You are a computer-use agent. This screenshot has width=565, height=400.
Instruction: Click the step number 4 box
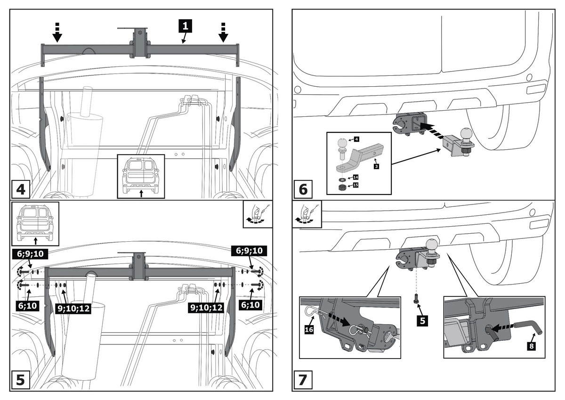click(x=21, y=190)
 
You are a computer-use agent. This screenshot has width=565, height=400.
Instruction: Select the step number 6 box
click(x=303, y=190)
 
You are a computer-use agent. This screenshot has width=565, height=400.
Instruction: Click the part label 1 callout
click(x=186, y=25)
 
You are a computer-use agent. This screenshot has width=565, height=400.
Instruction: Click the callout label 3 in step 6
click(x=376, y=165)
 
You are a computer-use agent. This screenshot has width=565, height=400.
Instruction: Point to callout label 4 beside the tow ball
click(x=356, y=139)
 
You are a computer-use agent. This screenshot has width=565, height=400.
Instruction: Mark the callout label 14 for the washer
click(x=355, y=177)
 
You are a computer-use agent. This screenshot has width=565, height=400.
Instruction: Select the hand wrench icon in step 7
click(x=307, y=214)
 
